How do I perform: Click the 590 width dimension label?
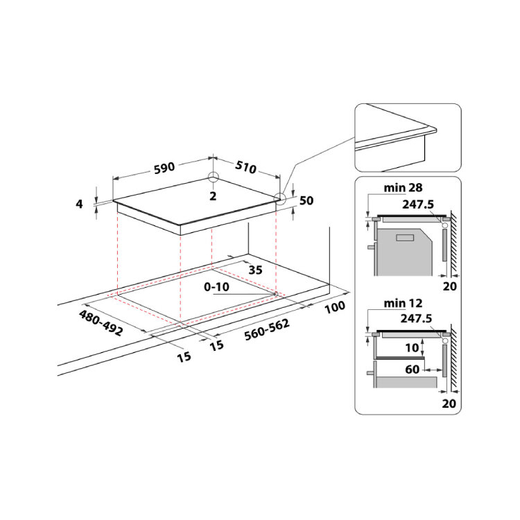tap(164, 168)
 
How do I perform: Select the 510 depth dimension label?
tap(245, 167)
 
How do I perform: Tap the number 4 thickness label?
tap(79, 204)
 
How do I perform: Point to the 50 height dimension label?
tap(306, 200)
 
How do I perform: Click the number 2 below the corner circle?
tap(213, 196)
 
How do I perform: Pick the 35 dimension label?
tap(255, 270)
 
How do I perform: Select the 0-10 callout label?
tap(216, 287)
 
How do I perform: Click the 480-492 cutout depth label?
tap(101, 322)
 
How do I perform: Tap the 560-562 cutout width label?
tap(267, 329)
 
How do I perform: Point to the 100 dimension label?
tap(335, 307)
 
